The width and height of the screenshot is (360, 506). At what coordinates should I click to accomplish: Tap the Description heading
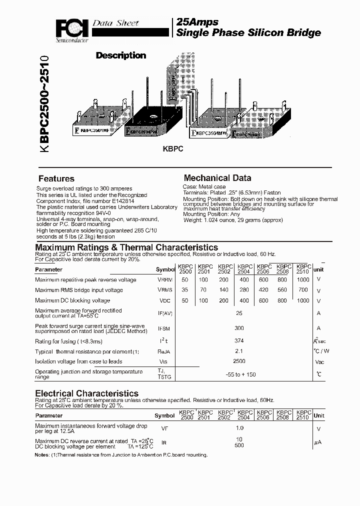click(x=120, y=55)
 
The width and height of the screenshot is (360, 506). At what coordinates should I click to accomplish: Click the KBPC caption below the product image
click(x=173, y=149)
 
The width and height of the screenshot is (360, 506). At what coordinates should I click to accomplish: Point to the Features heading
click(x=56, y=178)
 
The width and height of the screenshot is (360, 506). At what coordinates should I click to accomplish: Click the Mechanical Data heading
click(x=217, y=178)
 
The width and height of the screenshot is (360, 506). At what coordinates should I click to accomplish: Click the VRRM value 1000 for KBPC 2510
click(x=303, y=280)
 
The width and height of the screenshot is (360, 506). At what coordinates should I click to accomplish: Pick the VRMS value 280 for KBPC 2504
click(x=243, y=290)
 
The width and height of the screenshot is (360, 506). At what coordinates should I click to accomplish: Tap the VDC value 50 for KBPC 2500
click(x=185, y=300)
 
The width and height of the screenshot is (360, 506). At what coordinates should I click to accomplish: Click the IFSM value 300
click(x=239, y=328)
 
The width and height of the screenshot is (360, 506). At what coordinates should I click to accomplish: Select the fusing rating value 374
click(x=239, y=341)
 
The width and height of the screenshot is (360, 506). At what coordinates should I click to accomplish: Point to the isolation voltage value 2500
click(x=239, y=361)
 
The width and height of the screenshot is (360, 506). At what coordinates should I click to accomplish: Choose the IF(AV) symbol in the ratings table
click(x=164, y=313)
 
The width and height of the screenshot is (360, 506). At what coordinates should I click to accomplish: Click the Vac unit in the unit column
click(x=319, y=361)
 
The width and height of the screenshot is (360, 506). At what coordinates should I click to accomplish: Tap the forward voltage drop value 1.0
click(x=239, y=428)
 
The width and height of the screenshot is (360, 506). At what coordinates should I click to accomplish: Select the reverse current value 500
click(x=239, y=445)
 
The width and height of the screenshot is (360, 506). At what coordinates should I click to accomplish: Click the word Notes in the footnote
click(x=42, y=455)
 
